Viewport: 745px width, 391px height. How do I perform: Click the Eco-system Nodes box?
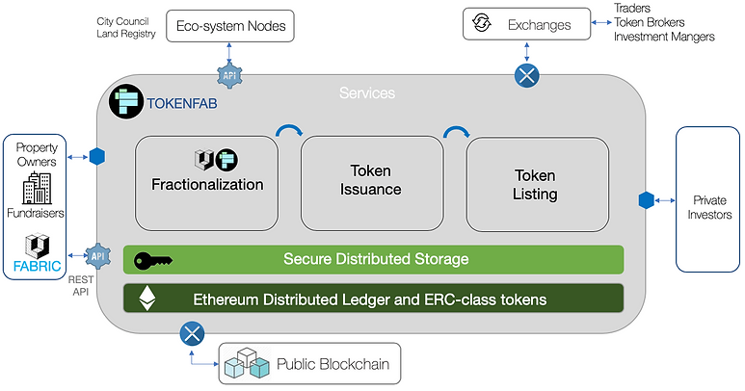[231, 25]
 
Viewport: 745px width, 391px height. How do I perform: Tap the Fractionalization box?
[206, 183]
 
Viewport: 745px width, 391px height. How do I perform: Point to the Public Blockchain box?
[309, 364]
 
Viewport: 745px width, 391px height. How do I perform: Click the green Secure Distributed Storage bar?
[373, 259]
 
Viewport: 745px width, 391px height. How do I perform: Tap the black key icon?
[152, 259]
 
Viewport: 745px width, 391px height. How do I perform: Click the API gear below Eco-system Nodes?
[229, 74]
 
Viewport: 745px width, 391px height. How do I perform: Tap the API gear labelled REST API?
[97, 255]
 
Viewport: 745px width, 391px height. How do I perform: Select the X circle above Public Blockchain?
[193, 334]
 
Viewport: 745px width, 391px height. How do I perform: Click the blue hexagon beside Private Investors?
[647, 200]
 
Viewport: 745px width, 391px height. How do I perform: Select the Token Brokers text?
[652, 22]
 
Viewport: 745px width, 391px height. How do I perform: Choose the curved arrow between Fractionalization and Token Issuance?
[288, 132]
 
